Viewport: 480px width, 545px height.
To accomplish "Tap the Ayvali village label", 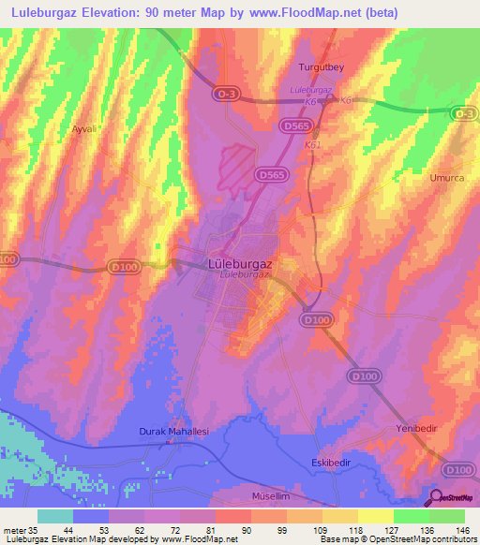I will click(86, 129).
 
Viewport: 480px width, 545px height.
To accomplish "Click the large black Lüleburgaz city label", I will click(239, 264).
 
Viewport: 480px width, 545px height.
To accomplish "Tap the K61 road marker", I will click(312, 146).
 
